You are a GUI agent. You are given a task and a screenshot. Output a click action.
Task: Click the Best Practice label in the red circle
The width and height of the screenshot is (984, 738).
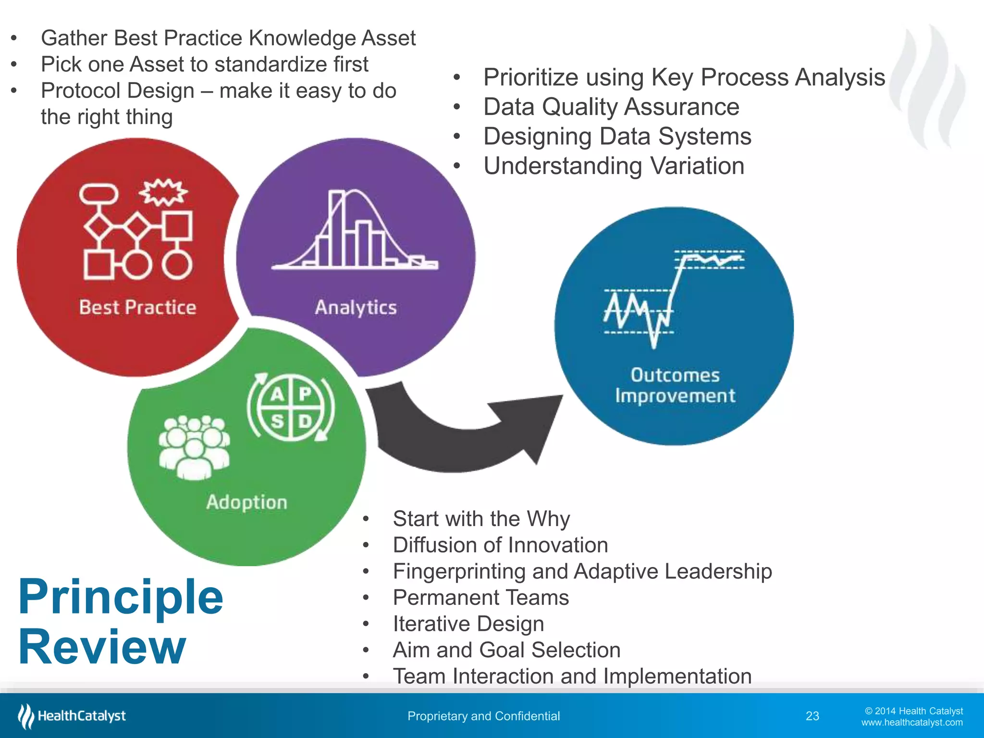pos(137,307)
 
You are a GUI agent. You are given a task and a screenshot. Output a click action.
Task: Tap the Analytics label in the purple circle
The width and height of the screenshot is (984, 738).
pos(356,307)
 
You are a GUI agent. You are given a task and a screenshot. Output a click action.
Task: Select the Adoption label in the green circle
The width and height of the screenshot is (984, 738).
pos(246,502)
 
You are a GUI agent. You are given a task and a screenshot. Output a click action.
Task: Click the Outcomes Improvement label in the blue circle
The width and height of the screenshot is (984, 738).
pos(675,385)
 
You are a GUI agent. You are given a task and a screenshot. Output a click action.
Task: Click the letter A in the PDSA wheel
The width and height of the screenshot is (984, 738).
pos(277,394)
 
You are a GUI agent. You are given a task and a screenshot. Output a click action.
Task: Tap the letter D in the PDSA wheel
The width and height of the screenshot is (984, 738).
pos(305,422)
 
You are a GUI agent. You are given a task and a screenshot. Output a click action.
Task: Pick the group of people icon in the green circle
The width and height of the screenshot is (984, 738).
pos(194,447)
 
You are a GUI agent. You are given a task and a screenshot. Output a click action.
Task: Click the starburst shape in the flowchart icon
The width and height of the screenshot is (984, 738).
pos(163,192)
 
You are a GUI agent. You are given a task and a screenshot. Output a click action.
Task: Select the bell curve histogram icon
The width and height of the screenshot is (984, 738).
pos(355,231)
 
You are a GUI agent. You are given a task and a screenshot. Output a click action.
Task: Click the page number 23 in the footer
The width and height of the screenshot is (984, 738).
pos(812,716)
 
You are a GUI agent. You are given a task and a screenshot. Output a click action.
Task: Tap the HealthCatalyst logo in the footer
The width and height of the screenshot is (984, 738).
pos(72,716)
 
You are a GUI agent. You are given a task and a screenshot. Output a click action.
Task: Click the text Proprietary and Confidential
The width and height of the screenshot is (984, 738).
pos(483,716)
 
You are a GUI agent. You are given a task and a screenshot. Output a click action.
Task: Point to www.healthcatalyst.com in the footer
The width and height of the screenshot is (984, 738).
pos(911,723)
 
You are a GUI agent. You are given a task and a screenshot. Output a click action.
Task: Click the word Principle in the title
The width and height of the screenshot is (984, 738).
pos(121,597)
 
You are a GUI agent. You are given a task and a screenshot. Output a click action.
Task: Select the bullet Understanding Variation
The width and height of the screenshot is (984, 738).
pos(614,166)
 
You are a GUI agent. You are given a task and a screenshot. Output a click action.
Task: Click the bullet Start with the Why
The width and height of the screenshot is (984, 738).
pos(481,519)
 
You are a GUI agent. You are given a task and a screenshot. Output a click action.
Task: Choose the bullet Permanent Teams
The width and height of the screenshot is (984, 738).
pos(480,598)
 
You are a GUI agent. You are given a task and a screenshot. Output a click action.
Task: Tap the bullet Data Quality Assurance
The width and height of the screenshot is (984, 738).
pos(611,107)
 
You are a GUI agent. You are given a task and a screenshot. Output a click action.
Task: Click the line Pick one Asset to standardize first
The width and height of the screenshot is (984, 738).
pos(204,64)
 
